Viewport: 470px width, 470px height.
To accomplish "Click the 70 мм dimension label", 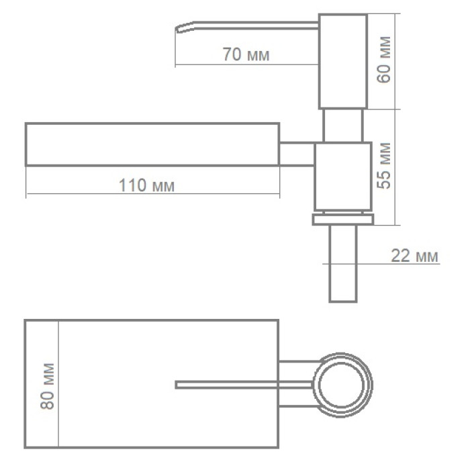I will (246, 55).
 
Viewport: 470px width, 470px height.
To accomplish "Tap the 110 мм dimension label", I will (146, 186).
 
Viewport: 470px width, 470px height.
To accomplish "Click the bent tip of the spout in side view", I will (181, 28).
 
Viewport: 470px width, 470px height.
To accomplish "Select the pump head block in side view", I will (342, 61).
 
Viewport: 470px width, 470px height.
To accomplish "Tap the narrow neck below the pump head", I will (342, 126).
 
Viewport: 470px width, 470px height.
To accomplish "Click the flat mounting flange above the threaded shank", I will (342, 219).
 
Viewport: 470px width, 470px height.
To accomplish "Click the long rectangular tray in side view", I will (152, 144).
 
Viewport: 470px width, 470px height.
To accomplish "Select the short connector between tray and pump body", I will (297, 153).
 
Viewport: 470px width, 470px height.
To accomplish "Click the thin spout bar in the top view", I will (242, 385).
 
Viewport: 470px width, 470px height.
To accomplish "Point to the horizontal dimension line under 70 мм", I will (246, 65).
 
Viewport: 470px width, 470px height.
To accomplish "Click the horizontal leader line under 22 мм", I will (403, 264).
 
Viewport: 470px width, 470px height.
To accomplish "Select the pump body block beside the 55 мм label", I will (342, 177).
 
